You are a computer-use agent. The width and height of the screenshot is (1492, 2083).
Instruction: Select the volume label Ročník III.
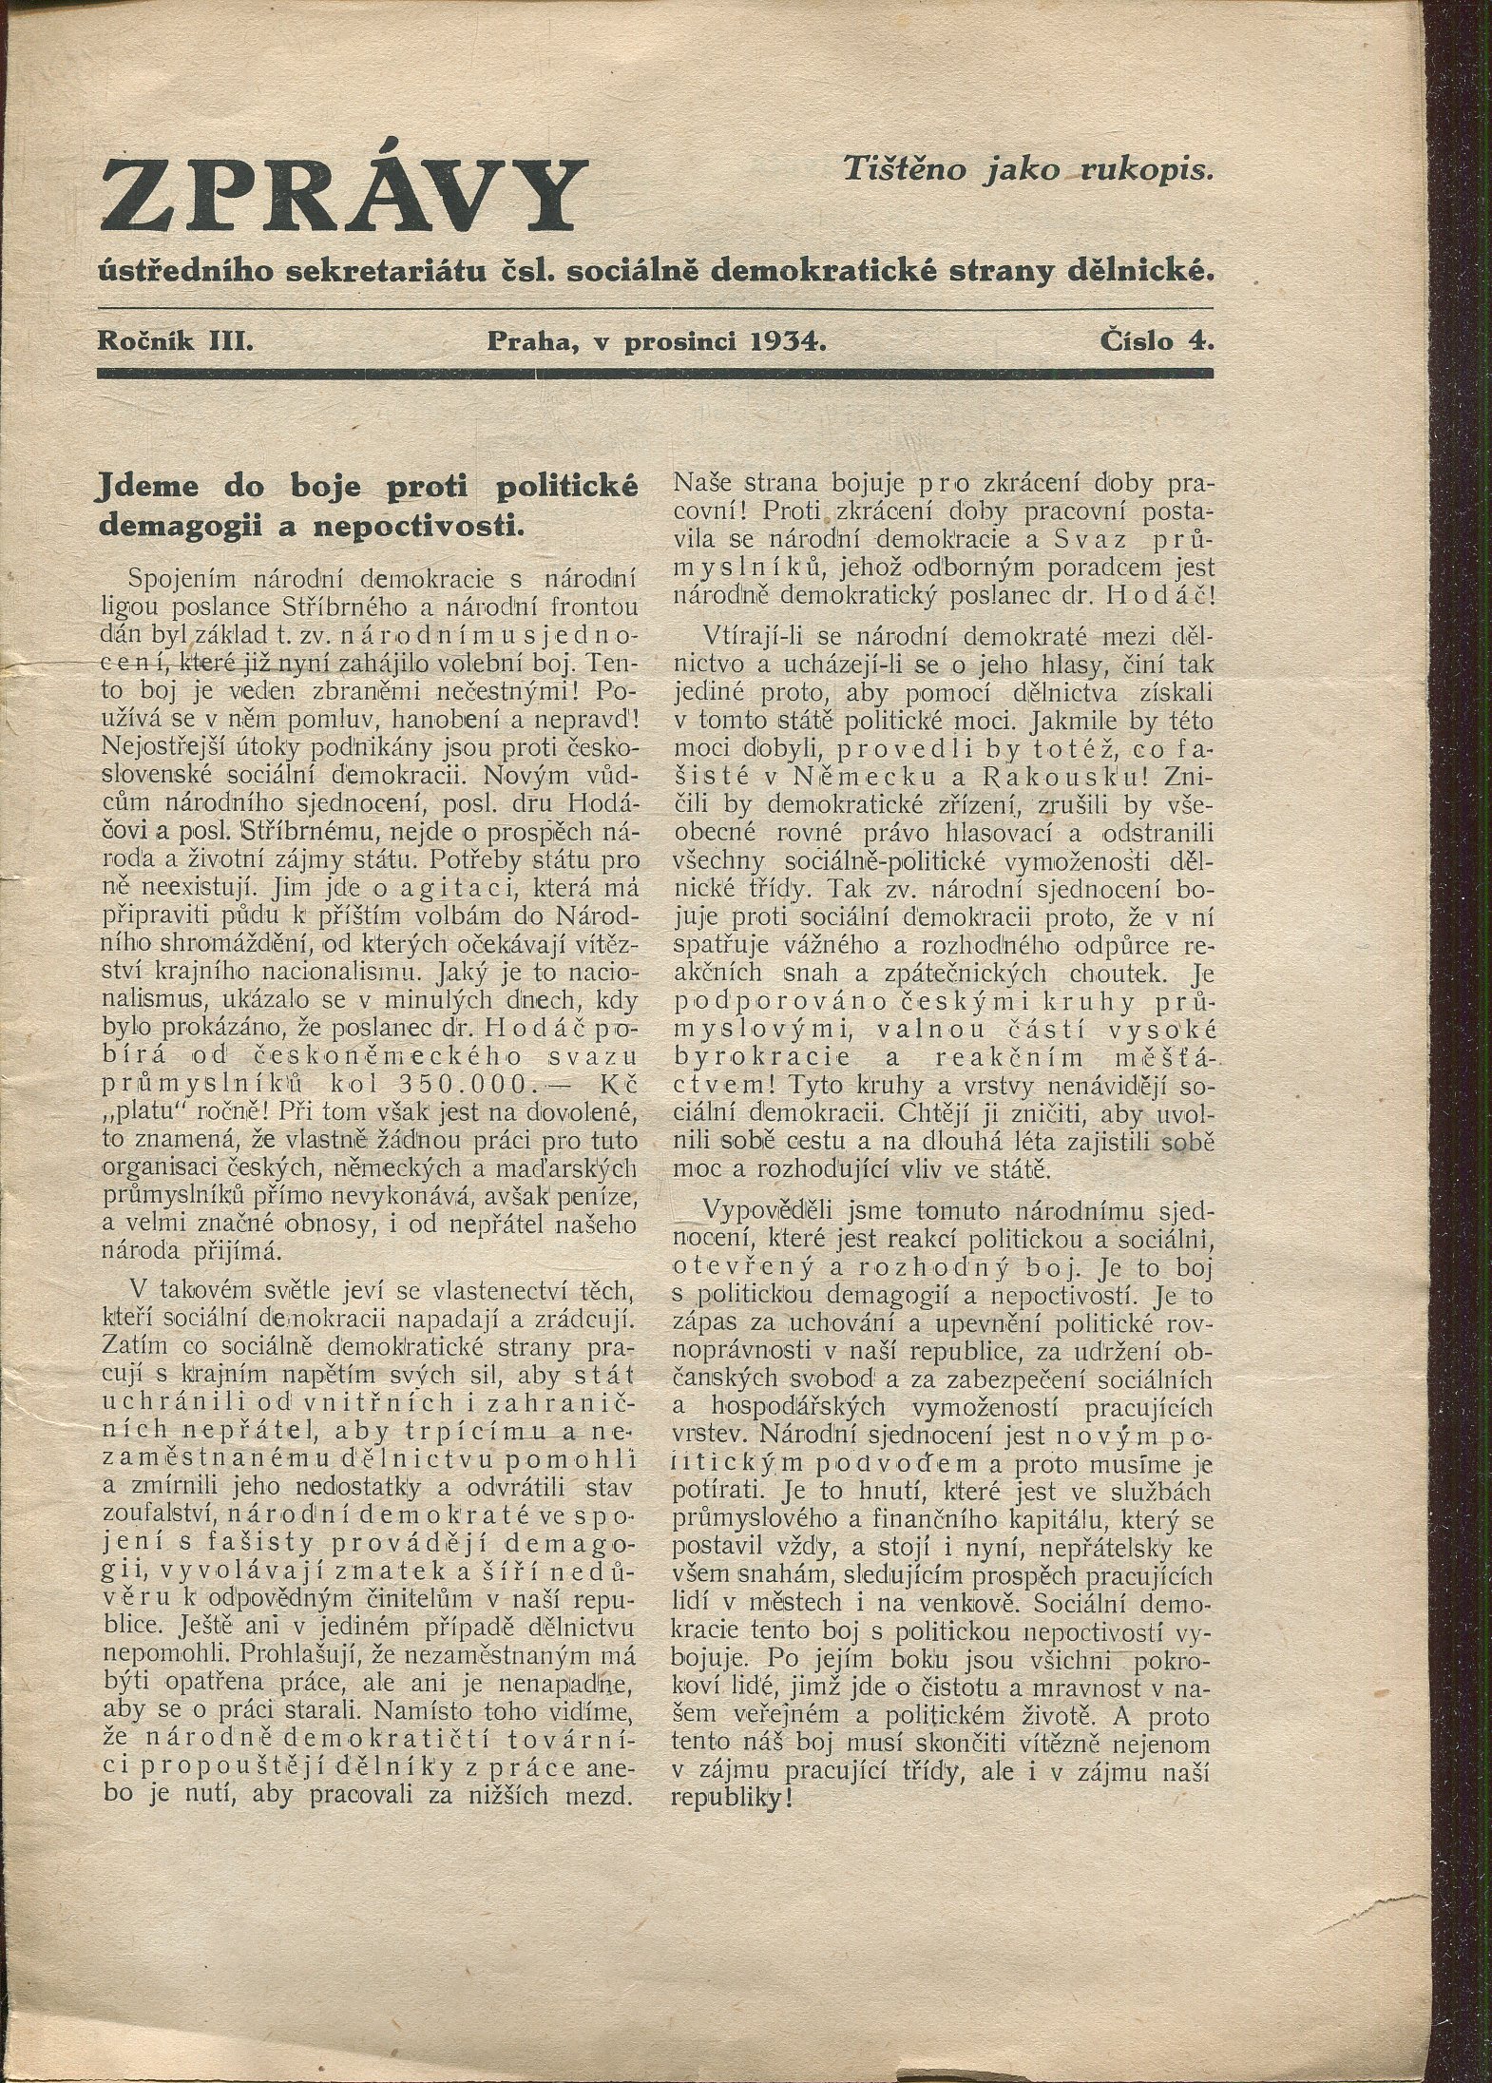tap(174, 340)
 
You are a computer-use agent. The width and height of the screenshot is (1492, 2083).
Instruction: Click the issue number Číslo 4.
tap(1157, 340)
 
